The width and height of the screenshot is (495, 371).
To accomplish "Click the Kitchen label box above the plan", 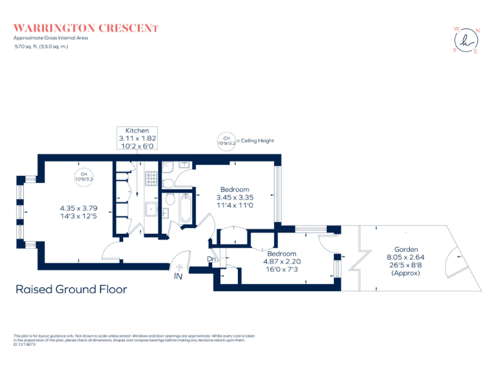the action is (x=137, y=138).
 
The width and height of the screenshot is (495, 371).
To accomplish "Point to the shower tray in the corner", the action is (x=169, y=166).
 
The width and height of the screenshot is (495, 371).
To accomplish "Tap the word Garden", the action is (x=406, y=249).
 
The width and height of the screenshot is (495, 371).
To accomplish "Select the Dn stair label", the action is (x=211, y=260).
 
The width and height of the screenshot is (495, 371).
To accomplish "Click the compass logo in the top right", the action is (x=467, y=41).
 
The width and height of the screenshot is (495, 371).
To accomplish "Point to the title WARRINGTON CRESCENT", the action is (x=86, y=28).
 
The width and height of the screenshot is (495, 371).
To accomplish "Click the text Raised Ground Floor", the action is (x=71, y=290).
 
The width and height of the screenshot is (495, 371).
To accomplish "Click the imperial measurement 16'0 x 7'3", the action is (x=282, y=269).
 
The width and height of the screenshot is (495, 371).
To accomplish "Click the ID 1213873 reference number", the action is (x=26, y=345).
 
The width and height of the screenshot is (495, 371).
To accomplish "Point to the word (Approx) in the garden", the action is (x=406, y=273).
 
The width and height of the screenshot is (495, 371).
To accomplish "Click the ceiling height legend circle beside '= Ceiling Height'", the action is (x=226, y=140).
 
